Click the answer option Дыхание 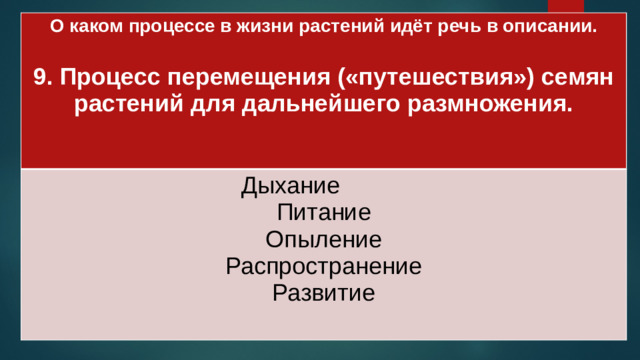[290, 186]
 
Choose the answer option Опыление [323, 240]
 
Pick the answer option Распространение [323, 267]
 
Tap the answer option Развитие [323, 293]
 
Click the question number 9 [41, 77]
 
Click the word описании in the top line [553, 27]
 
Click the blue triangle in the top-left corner [7, 7]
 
